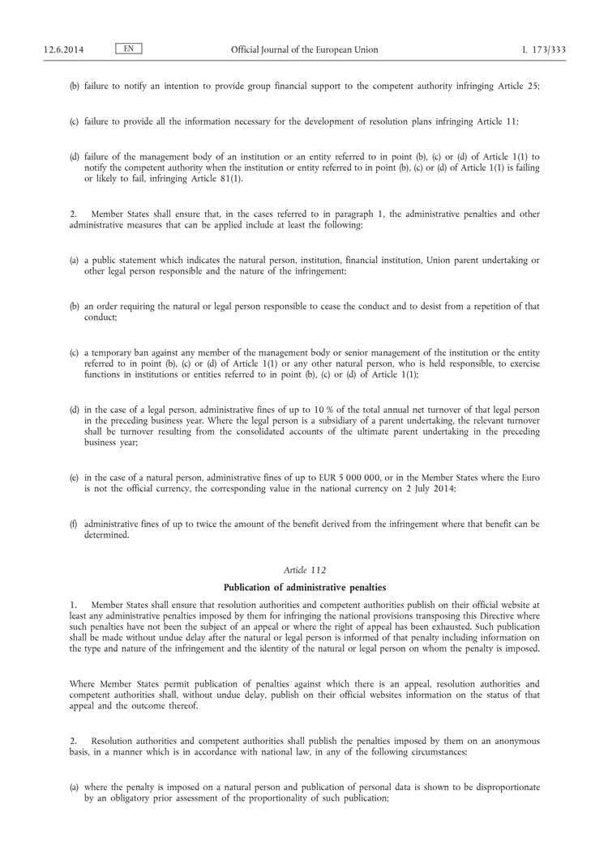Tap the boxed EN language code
click(129, 49)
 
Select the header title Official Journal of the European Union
click(304, 50)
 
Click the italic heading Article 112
click(304, 570)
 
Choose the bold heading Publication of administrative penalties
click(304, 587)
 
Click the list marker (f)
click(74, 524)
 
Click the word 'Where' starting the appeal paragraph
click(83, 685)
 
